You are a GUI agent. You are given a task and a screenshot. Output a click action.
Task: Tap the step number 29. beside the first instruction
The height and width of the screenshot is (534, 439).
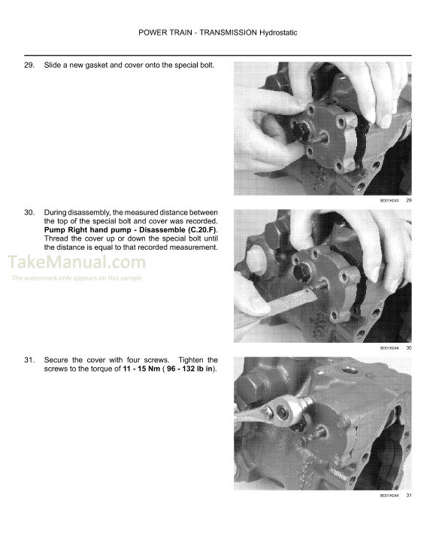click(x=30, y=66)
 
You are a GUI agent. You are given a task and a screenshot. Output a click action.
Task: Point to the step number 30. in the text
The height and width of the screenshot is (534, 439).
click(x=30, y=213)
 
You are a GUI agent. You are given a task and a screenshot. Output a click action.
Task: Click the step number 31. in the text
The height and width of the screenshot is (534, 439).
click(x=30, y=360)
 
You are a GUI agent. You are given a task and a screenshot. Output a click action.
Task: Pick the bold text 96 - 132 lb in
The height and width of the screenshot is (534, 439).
click(x=184, y=369)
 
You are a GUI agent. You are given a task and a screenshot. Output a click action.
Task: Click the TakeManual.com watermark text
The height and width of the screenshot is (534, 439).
click(x=76, y=262)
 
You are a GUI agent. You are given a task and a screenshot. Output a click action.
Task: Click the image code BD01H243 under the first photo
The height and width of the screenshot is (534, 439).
click(x=389, y=201)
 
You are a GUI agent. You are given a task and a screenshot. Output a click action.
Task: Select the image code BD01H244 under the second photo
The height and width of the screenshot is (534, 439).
click(x=389, y=348)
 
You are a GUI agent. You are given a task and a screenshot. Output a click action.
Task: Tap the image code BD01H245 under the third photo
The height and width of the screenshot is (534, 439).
click(x=389, y=496)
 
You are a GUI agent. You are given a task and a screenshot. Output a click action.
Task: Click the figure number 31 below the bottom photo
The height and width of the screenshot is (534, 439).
click(x=409, y=496)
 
